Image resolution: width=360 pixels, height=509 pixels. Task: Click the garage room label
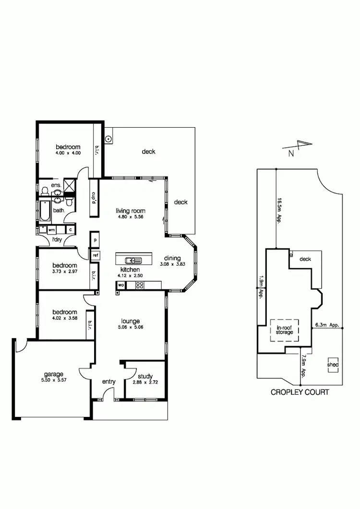point(54,374)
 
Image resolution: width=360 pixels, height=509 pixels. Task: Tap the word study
point(145,377)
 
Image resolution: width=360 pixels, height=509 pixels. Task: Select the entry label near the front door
point(109,381)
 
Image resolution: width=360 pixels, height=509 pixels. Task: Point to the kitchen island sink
point(133,260)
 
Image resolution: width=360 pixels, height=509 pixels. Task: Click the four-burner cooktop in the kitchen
point(140,285)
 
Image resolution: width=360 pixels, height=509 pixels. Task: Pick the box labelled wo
point(120,285)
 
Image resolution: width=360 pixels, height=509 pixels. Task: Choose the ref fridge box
point(96,255)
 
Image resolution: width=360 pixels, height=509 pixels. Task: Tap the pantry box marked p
point(96,239)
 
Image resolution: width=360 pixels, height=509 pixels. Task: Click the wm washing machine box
point(51,230)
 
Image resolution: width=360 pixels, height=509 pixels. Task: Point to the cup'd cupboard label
point(94,197)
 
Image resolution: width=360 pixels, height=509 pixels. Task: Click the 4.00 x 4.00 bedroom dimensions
point(68,153)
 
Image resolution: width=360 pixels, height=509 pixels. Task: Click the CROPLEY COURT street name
point(300,392)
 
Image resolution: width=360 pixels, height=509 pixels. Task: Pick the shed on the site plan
point(333,365)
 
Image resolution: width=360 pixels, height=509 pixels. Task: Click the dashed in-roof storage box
point(284,330)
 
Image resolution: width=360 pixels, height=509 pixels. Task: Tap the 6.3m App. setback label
point(327,325)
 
